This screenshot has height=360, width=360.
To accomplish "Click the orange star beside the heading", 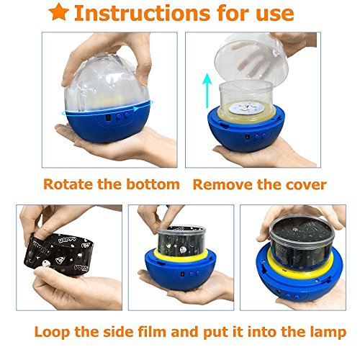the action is (x=59, y=12).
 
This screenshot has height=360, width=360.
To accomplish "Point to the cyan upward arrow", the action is (x=207, y=91).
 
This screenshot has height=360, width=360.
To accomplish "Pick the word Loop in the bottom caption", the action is (x=52, y=332).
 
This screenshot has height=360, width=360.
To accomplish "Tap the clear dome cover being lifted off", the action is (x=251, y=60).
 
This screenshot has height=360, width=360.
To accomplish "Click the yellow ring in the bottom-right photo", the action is (x=300, y=265).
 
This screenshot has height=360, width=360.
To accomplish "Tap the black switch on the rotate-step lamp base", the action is (x=109, y=117).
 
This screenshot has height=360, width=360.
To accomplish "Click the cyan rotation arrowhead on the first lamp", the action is (x=136, y=109).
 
